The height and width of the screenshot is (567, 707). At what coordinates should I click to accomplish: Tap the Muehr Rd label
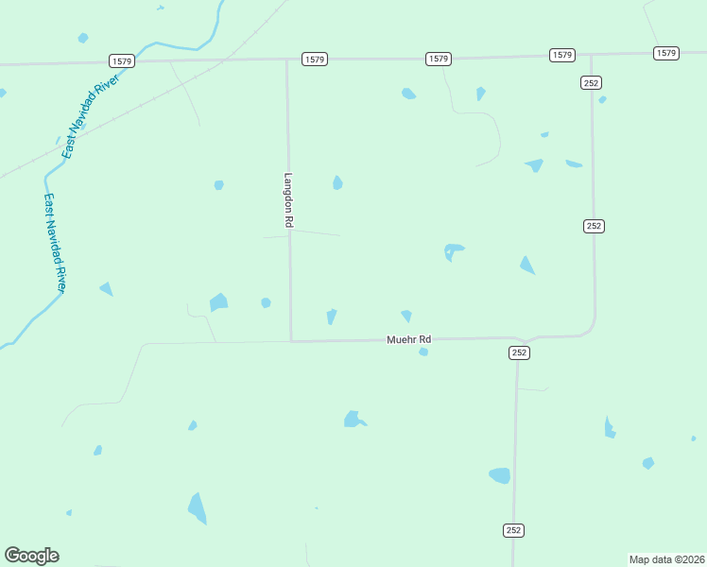click(x=408, y=339)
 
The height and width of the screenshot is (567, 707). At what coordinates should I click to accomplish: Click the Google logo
click(x=31, y=556)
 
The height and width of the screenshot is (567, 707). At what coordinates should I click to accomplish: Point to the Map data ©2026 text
click(x=666, y=558)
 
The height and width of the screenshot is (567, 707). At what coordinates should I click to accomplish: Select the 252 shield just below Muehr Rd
click(x=519, y=352)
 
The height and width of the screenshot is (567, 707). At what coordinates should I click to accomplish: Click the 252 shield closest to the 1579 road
click(x=591, y=83)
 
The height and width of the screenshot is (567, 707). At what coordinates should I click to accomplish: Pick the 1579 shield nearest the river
click(x=122, y=60)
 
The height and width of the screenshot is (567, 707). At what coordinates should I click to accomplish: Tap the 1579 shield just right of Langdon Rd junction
click(x=315, y=60)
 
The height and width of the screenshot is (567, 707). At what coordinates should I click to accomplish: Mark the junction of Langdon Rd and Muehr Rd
click(x=290, y=340)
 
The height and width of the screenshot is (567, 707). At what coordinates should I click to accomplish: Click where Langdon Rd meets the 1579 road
click(x=287, y=60)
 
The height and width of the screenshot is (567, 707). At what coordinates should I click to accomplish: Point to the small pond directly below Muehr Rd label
click(x=423, y=352)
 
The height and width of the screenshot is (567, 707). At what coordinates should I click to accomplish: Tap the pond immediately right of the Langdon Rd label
click(x=337, y=182)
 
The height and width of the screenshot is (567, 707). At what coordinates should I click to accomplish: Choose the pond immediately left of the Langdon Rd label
click(x=218, y=185)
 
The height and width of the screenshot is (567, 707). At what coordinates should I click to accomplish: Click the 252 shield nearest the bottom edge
click(x=513, y=531)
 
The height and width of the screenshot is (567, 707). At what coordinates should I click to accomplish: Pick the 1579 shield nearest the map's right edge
click(x=665, y=53)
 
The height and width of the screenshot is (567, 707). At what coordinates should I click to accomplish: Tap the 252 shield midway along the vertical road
click(x=594, y=226)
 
